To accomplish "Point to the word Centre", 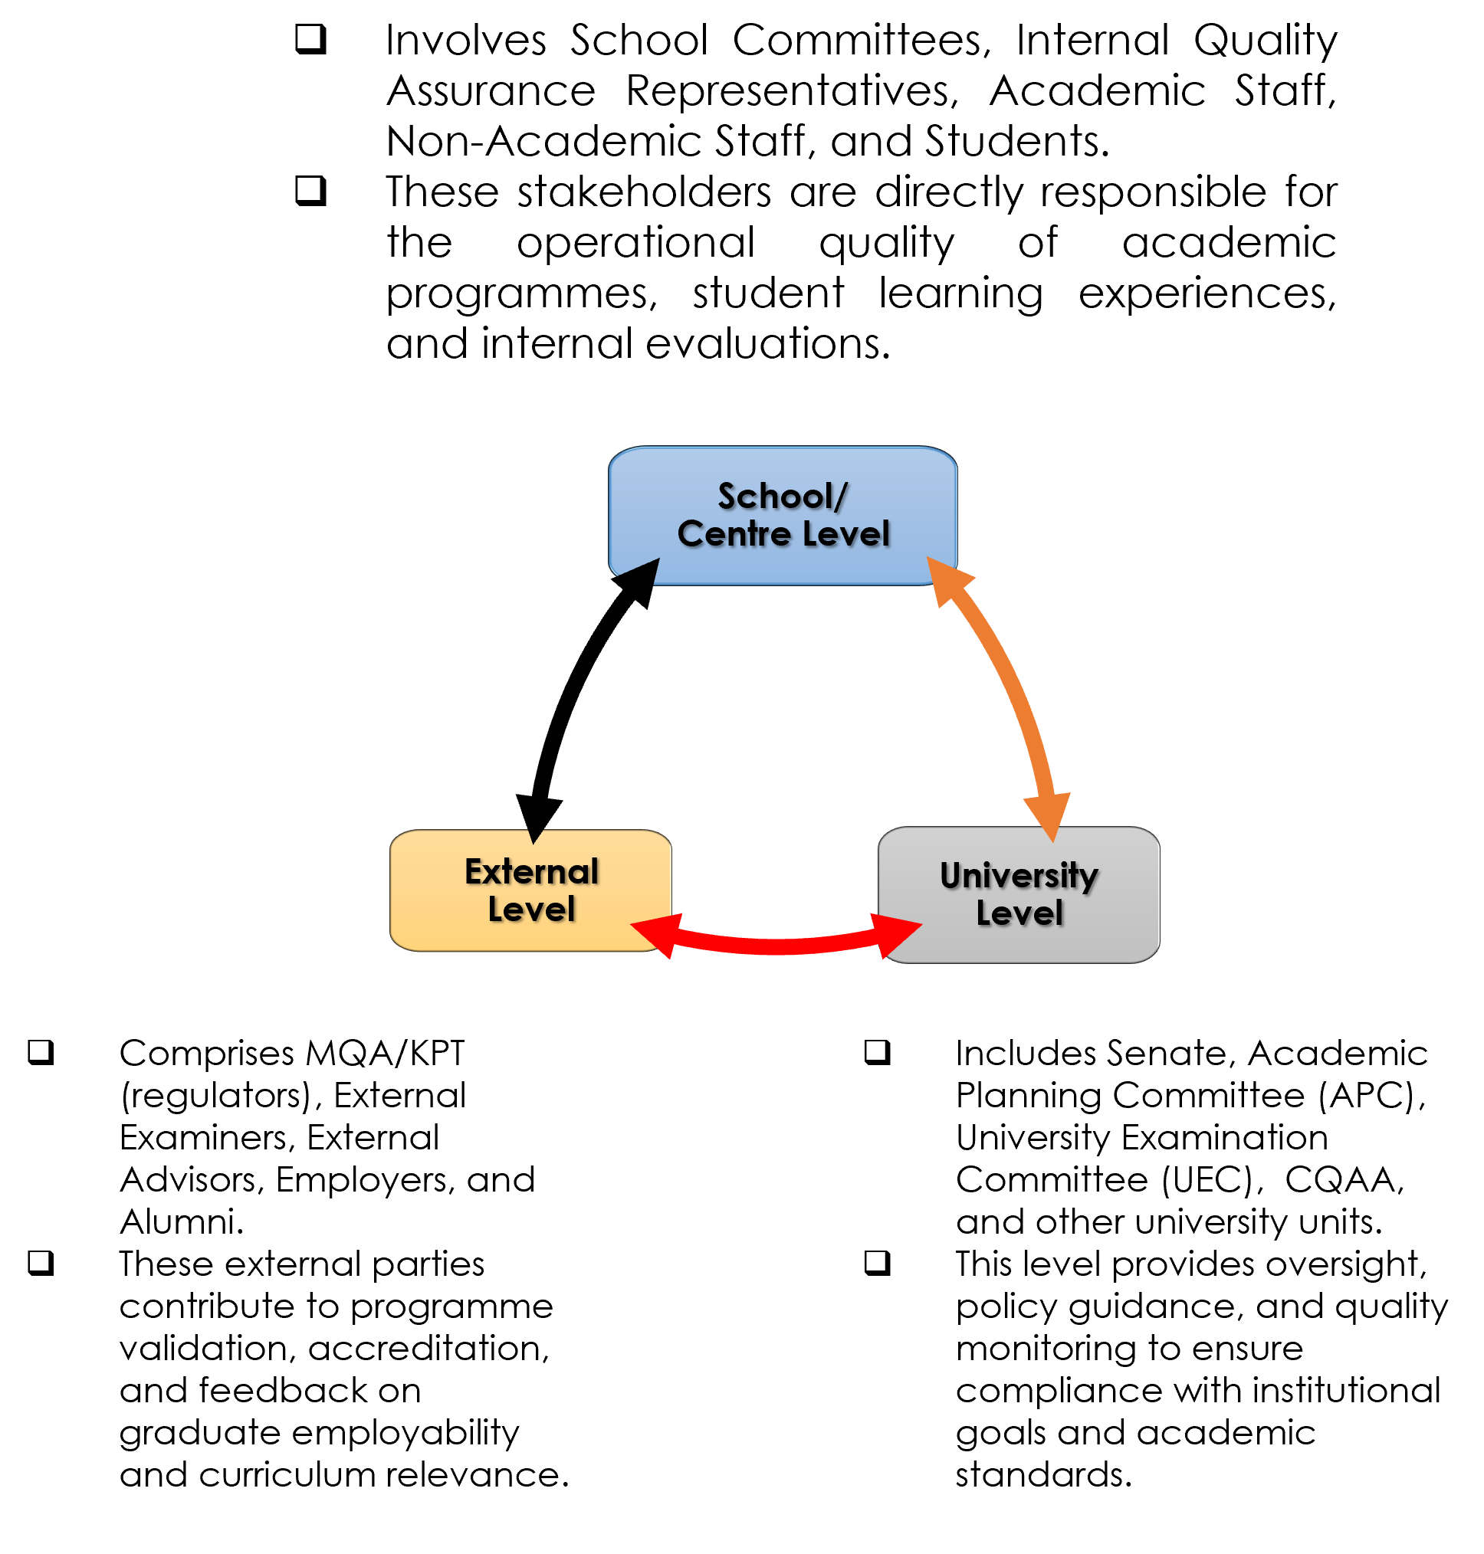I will pos(734,534).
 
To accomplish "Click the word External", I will pos(531,871).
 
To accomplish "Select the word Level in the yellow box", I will pos(531,910).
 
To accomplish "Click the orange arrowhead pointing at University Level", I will pos(1049,815).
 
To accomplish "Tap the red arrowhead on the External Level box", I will pos(657,933).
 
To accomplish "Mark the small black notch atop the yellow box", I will pos(536,836).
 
